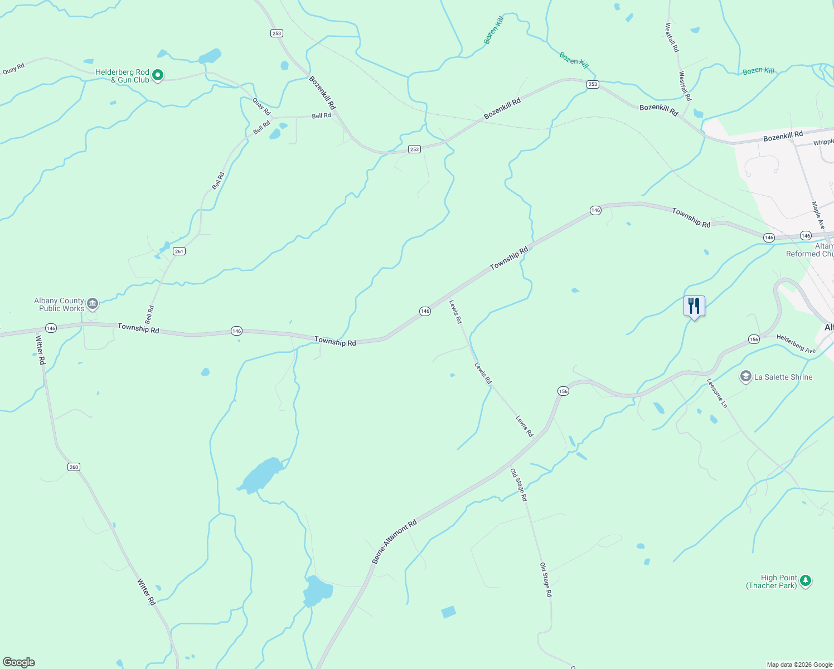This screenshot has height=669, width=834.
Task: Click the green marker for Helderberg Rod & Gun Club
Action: point(158,75)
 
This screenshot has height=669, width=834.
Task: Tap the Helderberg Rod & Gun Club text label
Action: point(122,76)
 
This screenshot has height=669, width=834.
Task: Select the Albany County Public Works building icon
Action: point(93,304)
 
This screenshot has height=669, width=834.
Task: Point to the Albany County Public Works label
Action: point(59,304)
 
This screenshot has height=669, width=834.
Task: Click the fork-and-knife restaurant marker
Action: point(694,306)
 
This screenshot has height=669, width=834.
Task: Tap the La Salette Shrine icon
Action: point(745,377)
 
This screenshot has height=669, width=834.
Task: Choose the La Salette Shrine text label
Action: point(783,377)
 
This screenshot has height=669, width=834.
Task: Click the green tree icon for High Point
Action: point(805,581)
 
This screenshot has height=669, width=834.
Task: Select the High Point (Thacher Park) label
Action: point(772,582)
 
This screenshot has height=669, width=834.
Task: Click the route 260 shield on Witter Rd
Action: point(74,467)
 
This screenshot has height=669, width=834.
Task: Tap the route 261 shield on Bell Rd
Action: point(179,251)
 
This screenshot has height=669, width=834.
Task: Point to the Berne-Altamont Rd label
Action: point(394,542)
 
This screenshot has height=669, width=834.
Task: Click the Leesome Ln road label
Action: point(717,393)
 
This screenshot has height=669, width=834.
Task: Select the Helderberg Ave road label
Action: point(796,343)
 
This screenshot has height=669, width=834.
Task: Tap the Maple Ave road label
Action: point(818,215)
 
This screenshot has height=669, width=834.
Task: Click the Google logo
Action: point(19,662)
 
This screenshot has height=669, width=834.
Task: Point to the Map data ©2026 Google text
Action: point(799,665)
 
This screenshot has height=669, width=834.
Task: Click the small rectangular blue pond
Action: point(448,612)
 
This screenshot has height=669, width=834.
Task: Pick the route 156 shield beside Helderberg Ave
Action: point(754,340)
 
